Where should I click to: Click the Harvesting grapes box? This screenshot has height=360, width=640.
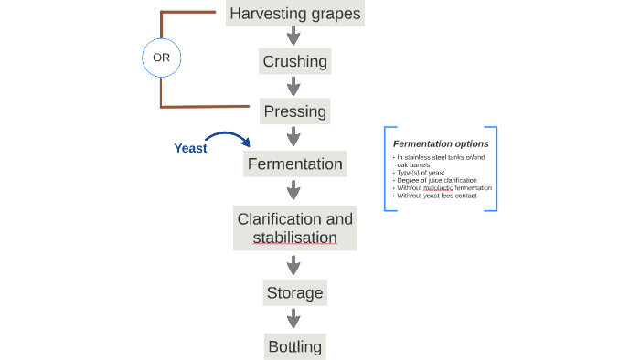coord(294,14)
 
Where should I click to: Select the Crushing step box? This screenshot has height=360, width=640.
coord(294,62)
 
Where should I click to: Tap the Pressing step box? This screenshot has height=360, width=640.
coord(294,111)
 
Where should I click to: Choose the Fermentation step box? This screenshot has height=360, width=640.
coord(294,164)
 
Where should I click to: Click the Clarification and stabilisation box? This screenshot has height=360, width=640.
coord(294,228)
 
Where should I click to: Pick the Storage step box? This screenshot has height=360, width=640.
coord(294,293)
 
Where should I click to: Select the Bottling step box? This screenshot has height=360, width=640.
coord(294,346)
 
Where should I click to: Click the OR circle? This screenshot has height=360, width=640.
coord(162,58)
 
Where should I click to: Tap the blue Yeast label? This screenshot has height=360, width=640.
coord(190,148)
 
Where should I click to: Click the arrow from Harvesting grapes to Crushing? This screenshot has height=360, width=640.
coord(293,37)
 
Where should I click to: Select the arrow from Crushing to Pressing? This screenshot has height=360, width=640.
coord(293,86)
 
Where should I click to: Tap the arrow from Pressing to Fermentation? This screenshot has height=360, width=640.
coord(293,136)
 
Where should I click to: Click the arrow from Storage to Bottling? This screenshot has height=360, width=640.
coord(293,319)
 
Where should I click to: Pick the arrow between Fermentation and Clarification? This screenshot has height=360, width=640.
coord(293,190)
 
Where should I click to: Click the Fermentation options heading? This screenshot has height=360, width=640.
coord(440,143)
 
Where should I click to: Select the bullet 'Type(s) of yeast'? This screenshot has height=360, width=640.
coord(421,173)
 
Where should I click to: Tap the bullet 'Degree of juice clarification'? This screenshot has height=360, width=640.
coord(436,180)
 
